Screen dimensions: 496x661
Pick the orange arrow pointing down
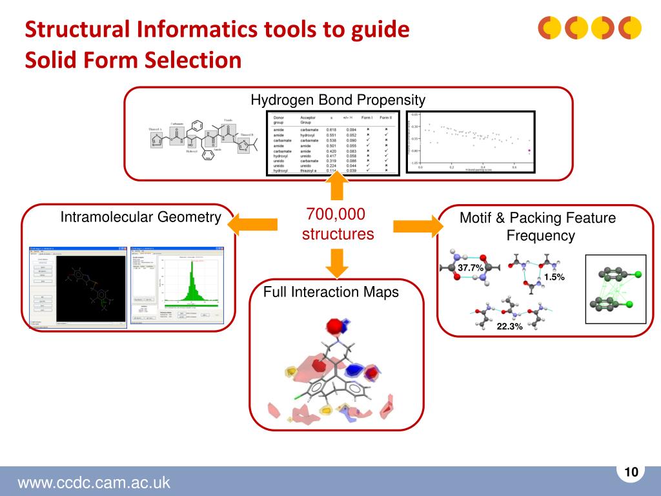pyautogui.click(x=337, y=262)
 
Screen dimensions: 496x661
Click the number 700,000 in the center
pyautogui.click(x=336, y=214)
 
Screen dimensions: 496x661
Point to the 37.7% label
pyautogui.click(x=471, y=267)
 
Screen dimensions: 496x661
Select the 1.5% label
pyautogui.click(x=554, y=277)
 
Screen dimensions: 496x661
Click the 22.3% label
pyautogui.click(x=509, y=327)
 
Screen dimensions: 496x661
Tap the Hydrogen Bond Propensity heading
pyautogui.click(x=338, y=100)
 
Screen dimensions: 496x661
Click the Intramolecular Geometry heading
pyautogui.click(x=141, y=217)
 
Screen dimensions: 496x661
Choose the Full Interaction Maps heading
pyautogui.click(x=331, y=292)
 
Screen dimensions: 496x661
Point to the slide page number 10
pyautogui.click(x=631, y=472)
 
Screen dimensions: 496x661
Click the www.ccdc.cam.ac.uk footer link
pyautogui.click(x=94, y=482)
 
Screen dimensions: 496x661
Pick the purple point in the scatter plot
pyautogui.click(x=530, y=150)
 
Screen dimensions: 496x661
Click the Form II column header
pyautogui.click(x=385, y=118)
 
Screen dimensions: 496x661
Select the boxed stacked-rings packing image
pyautogui.click(x=615, y=289)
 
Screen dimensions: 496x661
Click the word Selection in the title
pyautogui.click(x=193, y=60)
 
